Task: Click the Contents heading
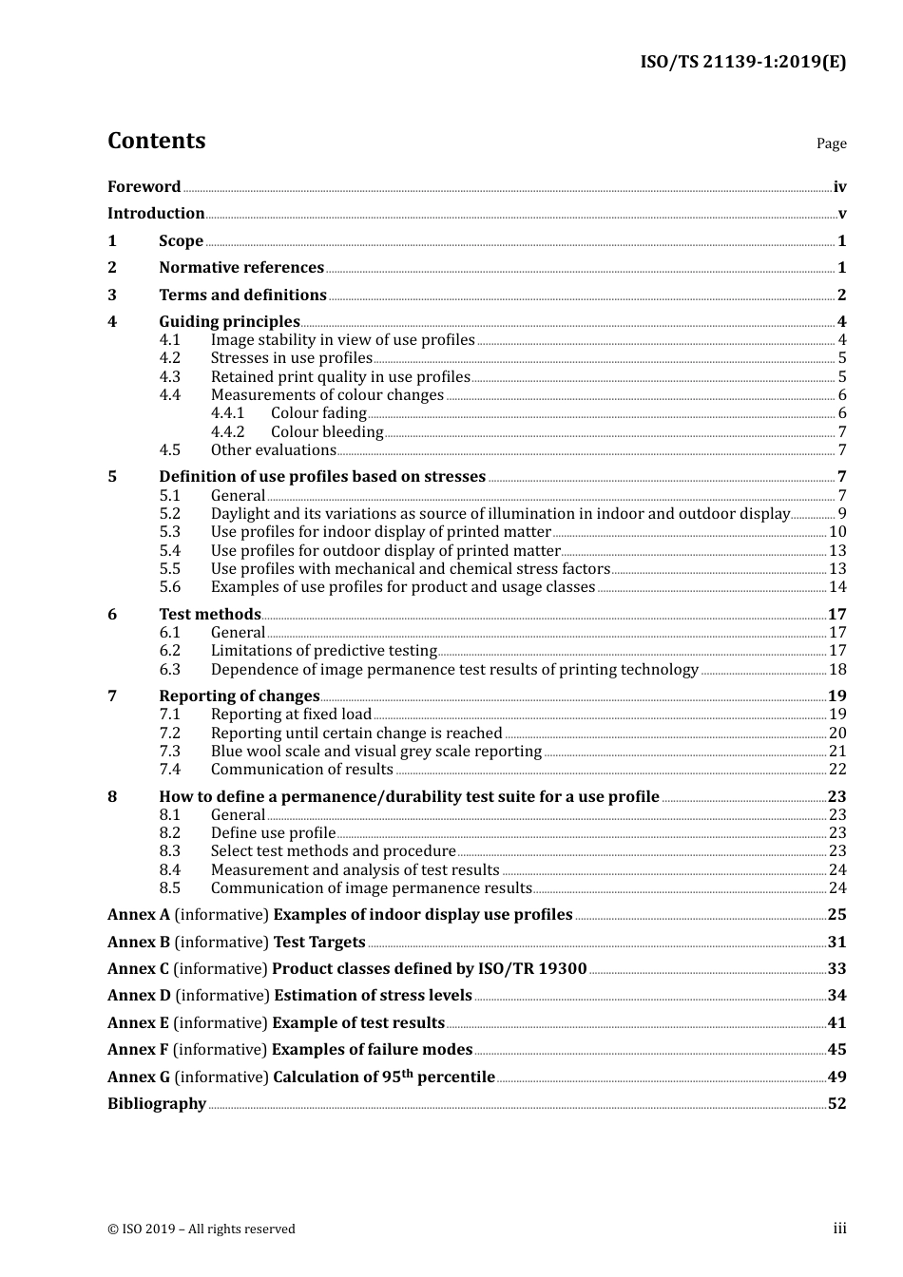(x=156, y=141)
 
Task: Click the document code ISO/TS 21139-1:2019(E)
(x=742, y=63)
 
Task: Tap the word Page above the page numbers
(x=831, y=143)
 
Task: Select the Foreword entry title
(x=144, y=187)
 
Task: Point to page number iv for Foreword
(x=839, y=187)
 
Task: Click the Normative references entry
(x=241, y=268)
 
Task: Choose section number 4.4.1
(x=227, y=413)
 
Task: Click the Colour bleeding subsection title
(x=327, y=432)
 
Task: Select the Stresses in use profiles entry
(x=291, y=358)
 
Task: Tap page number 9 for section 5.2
(x=842, y=514)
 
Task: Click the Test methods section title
(x=209, y=615)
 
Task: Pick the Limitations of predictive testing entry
(x=323, y=651)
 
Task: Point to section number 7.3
(x=169, y=752)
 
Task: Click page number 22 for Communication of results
(x=837, y=770)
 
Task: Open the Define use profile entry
(x=273, y=833)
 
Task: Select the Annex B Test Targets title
(x=236, y=943)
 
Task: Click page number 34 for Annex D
(x=836, y=996)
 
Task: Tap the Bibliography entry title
(x=157, y=1104)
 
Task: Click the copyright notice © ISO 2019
(x=201, y=1229)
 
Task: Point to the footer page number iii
(x=839, y=1229)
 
